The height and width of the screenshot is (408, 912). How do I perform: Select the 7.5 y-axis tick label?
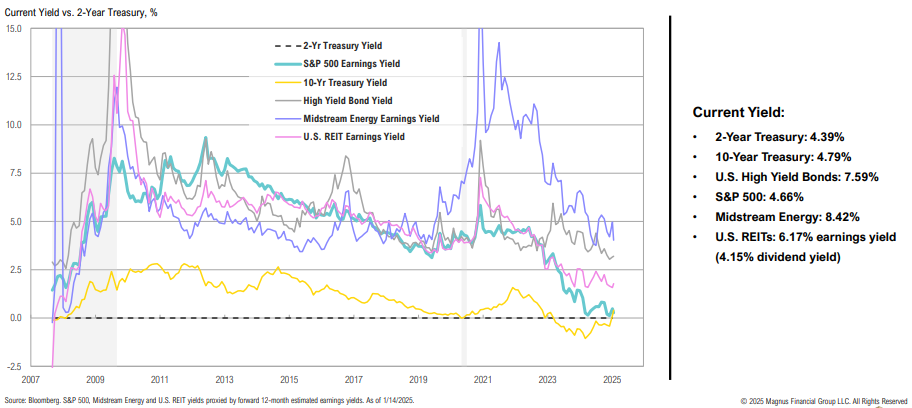coord(14,173)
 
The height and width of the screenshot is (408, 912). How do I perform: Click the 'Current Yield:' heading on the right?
coord(739,113)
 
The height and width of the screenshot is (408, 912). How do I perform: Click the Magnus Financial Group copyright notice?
coord(825,400)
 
